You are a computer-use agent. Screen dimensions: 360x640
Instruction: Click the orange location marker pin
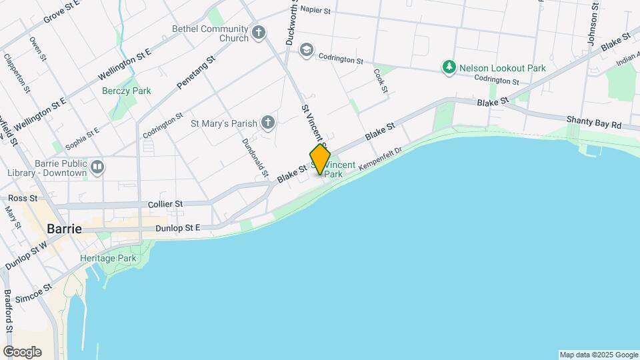point(320,159)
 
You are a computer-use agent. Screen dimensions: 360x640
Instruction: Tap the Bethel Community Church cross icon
point(259,32)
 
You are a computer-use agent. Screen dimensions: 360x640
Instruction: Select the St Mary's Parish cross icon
point(267,122)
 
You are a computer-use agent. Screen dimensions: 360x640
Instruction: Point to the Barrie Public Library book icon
point(98,167)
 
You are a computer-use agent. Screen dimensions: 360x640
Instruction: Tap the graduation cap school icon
point(306,50)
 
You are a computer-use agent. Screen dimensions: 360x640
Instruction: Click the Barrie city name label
point(64,229)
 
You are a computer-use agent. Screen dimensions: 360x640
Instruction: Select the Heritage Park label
point(107,258)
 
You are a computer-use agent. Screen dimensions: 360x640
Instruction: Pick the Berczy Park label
point(126,91)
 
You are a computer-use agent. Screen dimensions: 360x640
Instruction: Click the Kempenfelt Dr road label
point(381,158)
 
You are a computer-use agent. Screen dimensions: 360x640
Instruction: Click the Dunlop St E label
point(178,228)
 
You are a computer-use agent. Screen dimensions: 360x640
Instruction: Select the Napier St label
point(315,9)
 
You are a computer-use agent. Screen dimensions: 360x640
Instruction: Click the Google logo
point(22,352)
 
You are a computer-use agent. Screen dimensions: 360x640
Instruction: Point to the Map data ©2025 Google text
point(598,355)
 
